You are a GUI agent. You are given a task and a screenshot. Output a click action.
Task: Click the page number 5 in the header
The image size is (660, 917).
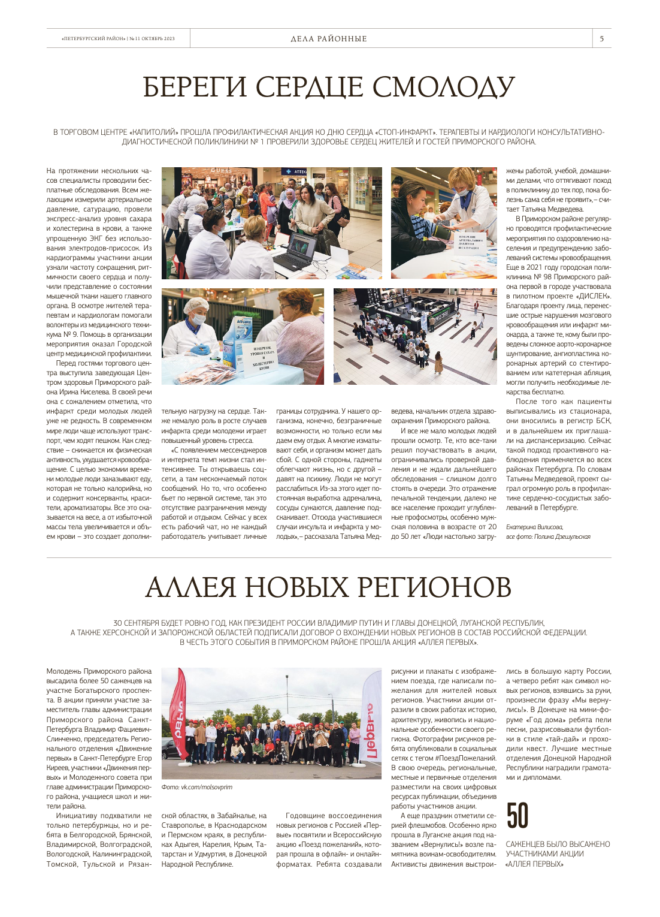click(x=601, y=39)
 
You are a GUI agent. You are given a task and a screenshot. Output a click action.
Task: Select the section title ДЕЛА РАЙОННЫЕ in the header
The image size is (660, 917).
click(x=329, y=39)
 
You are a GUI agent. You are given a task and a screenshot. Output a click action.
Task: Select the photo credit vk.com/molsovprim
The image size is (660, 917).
click(x=196, y=787)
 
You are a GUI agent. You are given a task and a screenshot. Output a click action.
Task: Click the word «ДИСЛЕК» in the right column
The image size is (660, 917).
click(x=594, y=296)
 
